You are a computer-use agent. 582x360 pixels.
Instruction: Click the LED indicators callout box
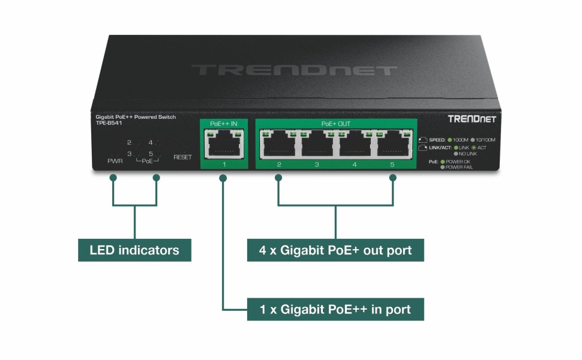point(134,250)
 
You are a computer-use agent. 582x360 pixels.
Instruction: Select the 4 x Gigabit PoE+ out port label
point(335,250)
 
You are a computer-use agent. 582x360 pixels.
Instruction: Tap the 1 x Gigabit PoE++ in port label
point(335,310)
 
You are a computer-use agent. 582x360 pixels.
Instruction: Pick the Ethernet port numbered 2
point(279,145)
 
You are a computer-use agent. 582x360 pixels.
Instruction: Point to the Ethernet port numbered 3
point(317,145)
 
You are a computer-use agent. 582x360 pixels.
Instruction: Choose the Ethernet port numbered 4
point(355,145)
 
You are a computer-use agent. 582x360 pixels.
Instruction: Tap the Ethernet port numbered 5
point(392,145)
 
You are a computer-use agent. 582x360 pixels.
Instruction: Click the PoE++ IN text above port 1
point(223,124)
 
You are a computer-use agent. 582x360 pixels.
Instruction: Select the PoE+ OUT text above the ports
point(335,124)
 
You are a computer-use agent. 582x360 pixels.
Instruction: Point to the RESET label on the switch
point(182,157)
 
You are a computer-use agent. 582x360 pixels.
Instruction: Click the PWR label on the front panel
point(115,161)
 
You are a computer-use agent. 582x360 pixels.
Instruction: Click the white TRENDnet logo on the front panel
point(472,119)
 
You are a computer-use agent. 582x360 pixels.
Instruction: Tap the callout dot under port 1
point(223,178)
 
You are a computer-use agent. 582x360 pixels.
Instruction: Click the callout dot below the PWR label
point(113,178)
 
